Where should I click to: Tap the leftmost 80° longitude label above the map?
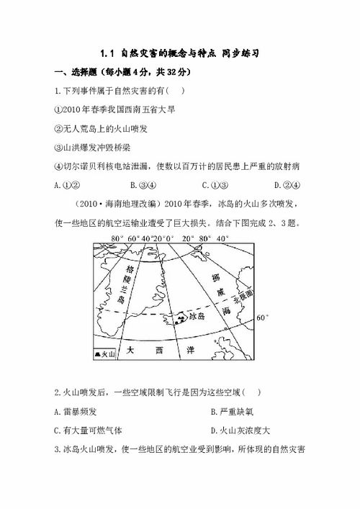(117, 238)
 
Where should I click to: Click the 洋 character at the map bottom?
(190, 350)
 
